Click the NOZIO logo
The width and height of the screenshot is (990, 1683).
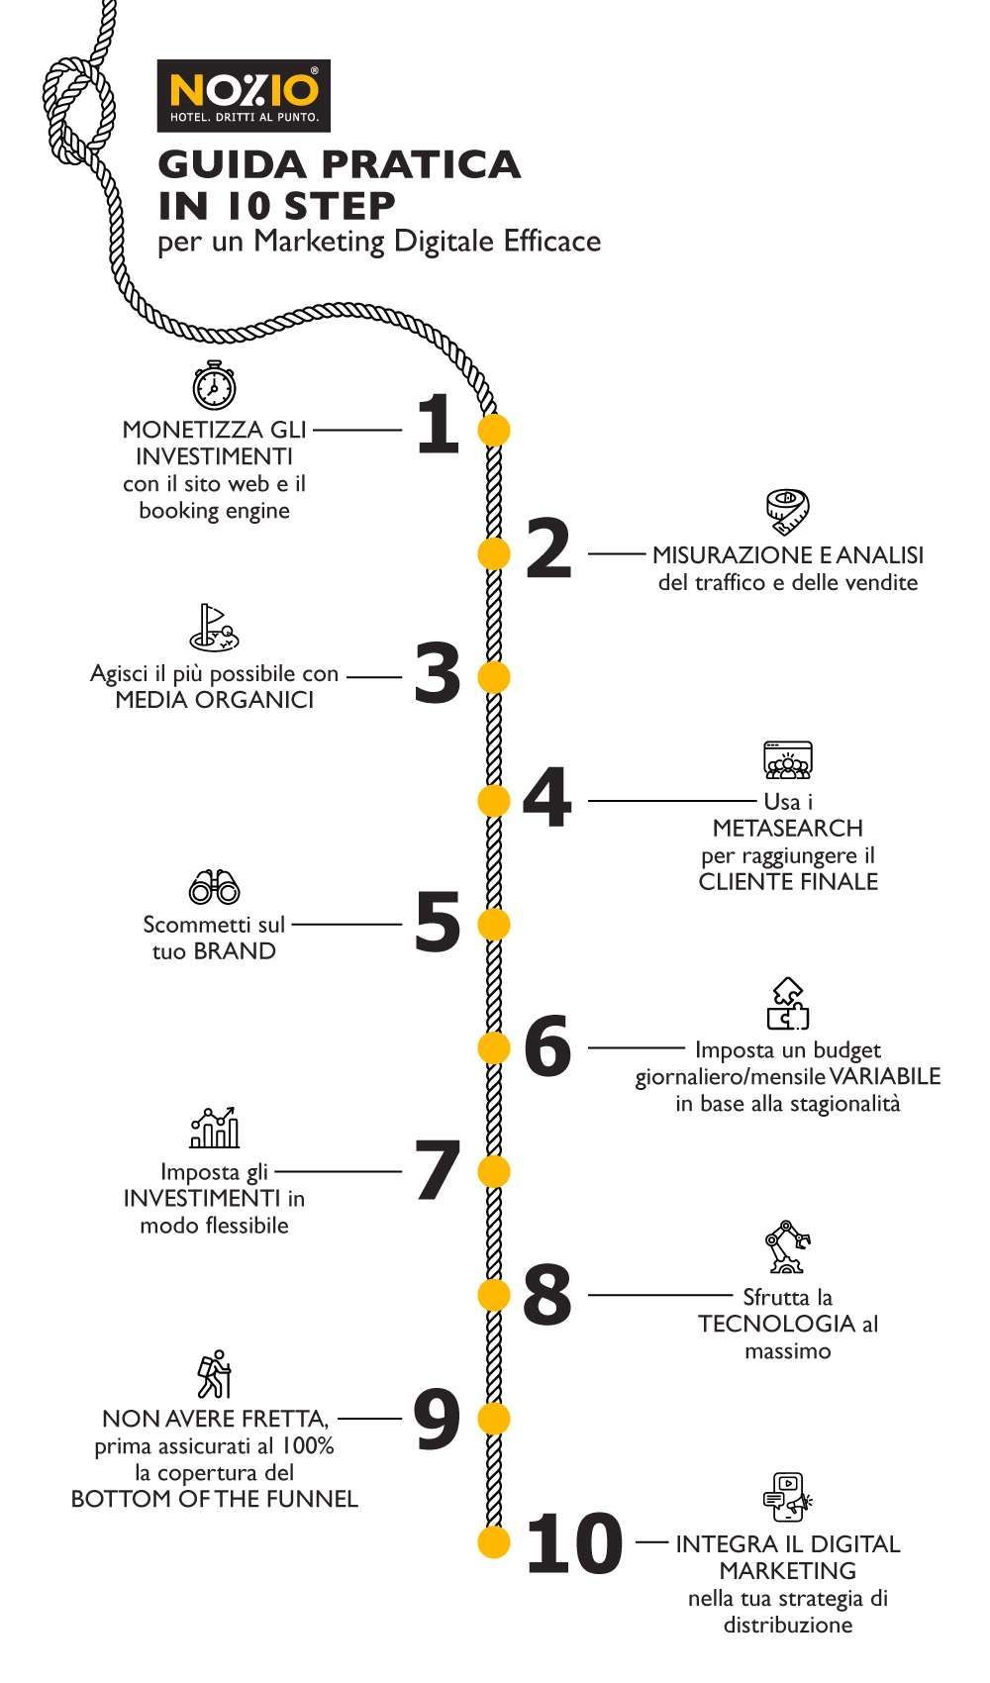[244, 95]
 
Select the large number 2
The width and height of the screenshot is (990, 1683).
[548, 549]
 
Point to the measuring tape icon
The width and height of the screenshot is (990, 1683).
[788, 509]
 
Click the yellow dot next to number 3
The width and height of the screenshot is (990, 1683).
[493, 677]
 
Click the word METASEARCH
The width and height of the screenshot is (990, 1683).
[787, 828]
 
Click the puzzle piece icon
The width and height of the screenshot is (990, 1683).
[788, 1004]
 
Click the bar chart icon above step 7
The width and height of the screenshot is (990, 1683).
[214, 1128]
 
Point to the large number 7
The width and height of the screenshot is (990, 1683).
[437, 1170]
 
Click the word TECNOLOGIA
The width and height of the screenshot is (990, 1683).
[776, 1324]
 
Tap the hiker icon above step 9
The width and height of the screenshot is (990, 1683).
[214, 1374]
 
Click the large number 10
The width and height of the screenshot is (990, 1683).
[573, 1542]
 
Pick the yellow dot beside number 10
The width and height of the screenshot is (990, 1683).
[493, 1542]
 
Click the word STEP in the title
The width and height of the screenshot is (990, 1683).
[340, 204]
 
